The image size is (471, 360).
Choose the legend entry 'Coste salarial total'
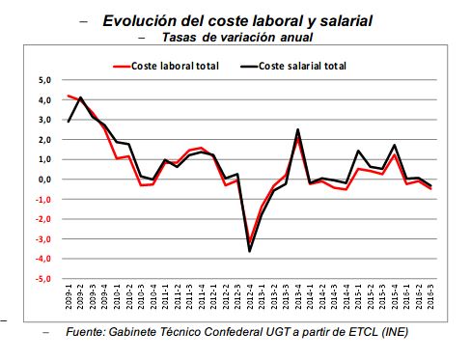click(x=302, y=66)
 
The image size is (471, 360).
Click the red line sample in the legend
click(x=122, y=66)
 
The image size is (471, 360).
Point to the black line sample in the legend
click(x=248, y=66)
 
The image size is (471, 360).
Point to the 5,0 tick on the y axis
click(x=44, y=80)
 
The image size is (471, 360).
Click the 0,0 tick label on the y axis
click(x=44, y=180)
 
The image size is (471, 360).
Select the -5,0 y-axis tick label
click(x=42, y=280)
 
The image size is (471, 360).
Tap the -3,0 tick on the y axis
click(x=42, y=239)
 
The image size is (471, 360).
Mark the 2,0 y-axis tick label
click(x=44, y=140)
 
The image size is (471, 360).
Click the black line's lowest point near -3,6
click(x=250, y=251)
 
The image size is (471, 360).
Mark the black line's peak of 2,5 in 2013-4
click(x=297, y=129)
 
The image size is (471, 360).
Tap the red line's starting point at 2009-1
click(x=69, y=96)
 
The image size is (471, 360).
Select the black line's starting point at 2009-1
click(x=69, y=122)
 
